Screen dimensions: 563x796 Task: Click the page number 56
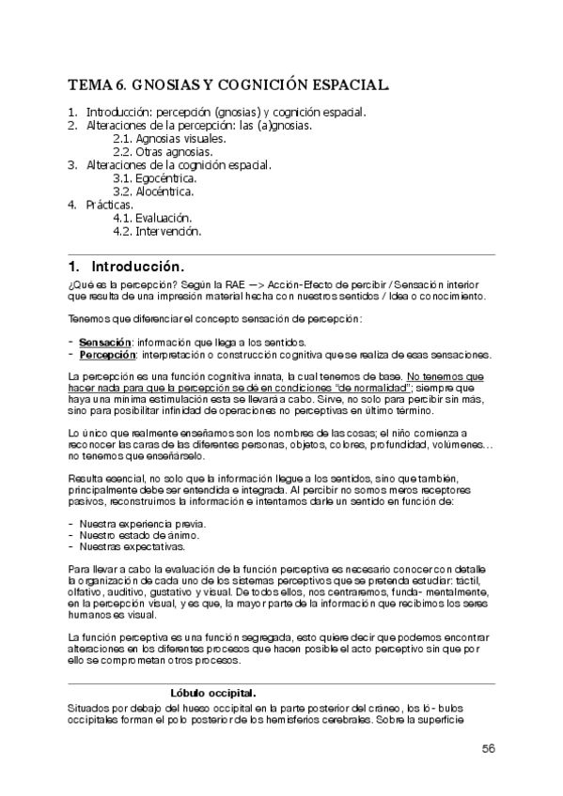click(x=488, y=747)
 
